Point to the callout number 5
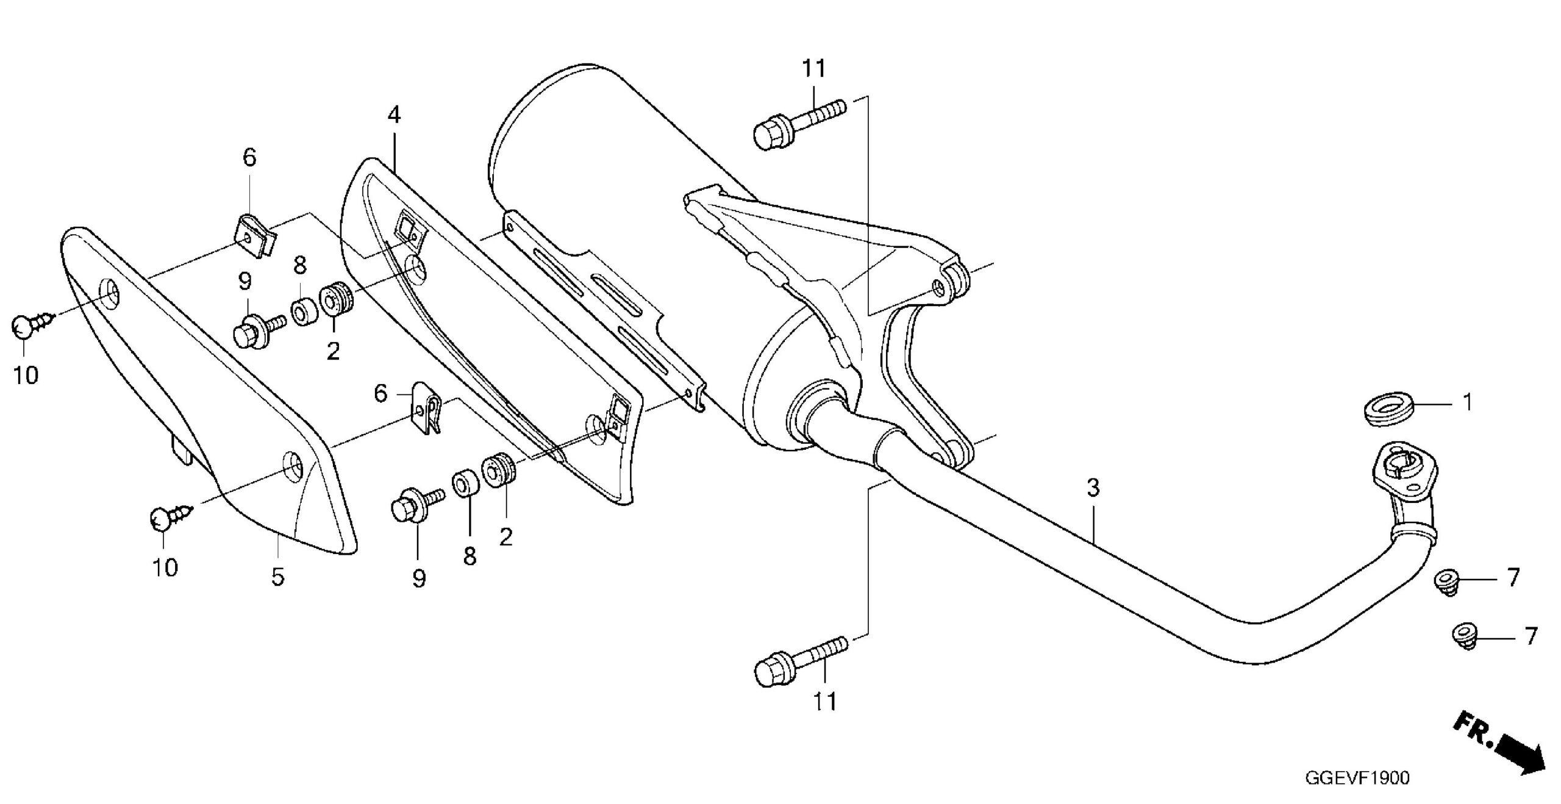click(278, 576)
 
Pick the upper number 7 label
click(1513, 577)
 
